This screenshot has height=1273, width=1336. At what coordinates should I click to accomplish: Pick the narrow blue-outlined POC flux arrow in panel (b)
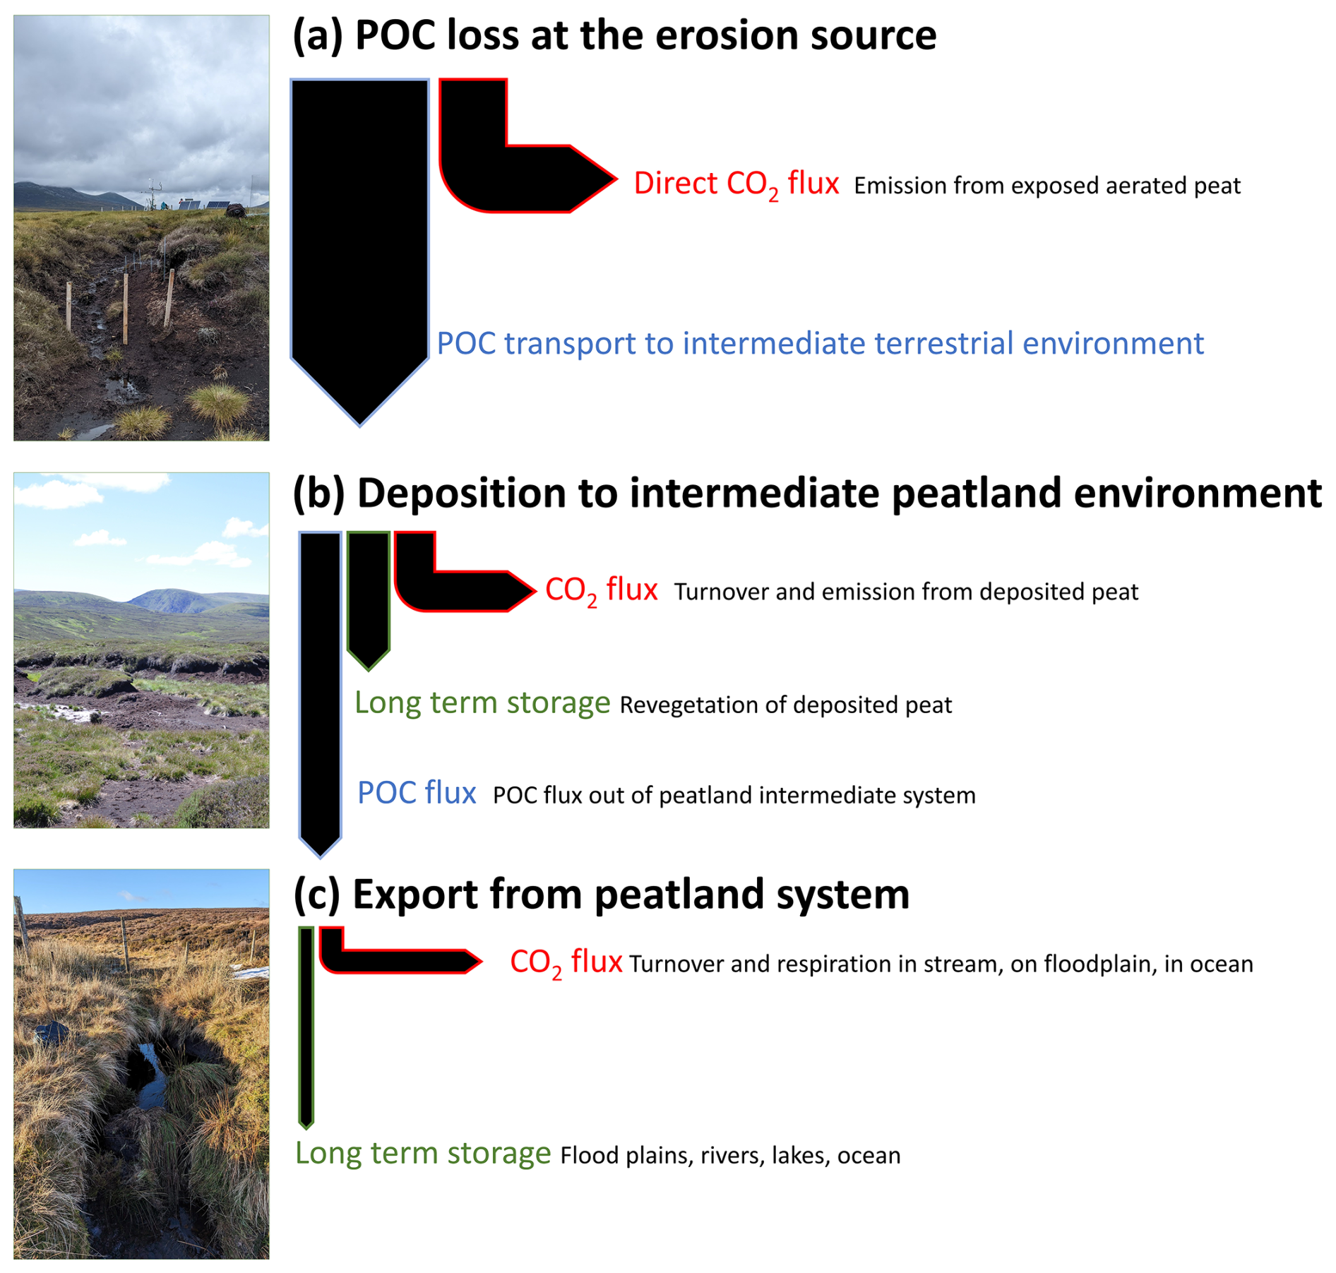[x=320, y=692]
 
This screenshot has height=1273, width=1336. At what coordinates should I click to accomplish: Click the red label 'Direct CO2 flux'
[x=736, y=185]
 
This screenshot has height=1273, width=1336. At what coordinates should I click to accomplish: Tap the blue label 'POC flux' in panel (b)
[x=417, y=793]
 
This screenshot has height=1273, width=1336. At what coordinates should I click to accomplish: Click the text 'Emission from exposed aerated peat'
[x=1047, y=186]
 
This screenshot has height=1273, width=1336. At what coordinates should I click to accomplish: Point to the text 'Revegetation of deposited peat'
[x=786, y=705]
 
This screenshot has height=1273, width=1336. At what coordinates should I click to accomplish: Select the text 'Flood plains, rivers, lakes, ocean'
[x=730, y=1155]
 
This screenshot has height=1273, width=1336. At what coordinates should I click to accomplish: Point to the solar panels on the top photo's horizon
[x=204, y=205]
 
